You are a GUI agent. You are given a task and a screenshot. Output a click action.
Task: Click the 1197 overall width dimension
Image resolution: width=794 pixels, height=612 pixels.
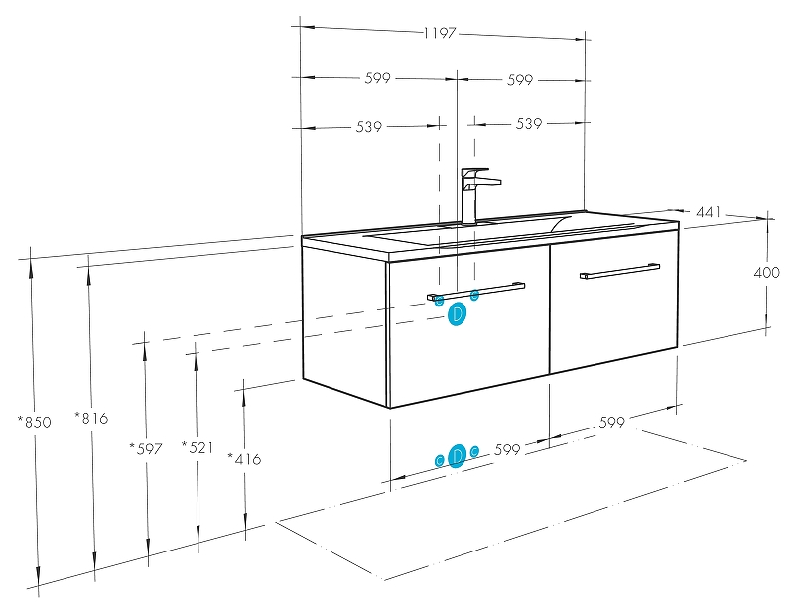[x=439, y=33]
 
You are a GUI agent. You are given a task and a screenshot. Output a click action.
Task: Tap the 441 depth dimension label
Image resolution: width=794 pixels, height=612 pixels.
[x=707, y=212]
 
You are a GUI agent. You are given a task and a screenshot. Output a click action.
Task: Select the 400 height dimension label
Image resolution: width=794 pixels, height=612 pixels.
[x=767, y=272]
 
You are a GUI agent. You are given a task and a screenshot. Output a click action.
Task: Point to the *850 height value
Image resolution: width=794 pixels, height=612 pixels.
[x=34, y=422]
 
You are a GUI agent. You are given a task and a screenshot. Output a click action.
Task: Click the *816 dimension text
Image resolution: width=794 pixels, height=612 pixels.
[x=91, y=418]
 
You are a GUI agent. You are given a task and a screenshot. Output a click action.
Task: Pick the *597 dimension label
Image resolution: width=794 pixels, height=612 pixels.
[x=145, y=448]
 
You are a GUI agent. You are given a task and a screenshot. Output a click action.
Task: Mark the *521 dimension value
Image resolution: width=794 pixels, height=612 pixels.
[x=198, y=447]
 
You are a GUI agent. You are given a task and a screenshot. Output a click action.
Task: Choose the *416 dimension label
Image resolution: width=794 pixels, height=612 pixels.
[x=244, y=458]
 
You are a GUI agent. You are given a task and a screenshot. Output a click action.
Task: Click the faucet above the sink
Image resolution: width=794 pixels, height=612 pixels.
[x=476, y=192]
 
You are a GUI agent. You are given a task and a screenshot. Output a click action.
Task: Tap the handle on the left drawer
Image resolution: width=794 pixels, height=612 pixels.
[x=476, y=290]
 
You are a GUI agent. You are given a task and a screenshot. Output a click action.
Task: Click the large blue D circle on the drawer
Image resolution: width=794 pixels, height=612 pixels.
[x=457, y=315]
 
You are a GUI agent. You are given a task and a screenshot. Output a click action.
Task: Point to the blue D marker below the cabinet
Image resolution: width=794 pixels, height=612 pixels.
[x=457, y=456]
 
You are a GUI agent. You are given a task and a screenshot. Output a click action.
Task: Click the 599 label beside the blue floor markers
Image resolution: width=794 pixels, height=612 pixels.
[x=507, y=450]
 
